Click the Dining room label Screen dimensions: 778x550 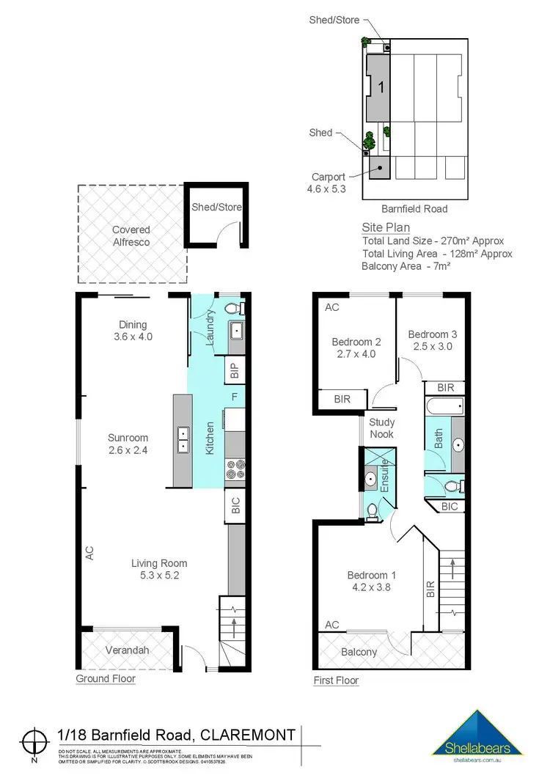coord(133,331)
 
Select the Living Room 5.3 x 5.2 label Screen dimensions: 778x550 coord(159,569)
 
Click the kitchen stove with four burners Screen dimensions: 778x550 coord(235,469)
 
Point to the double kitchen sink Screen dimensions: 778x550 coord(182,442)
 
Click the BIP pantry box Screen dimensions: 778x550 coord(235,371)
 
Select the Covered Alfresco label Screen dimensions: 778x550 coord(131,235)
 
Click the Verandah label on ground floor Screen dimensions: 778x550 coord(123,650)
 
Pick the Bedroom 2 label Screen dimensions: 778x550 coord(356,348)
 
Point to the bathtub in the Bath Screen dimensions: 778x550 coord(444,406)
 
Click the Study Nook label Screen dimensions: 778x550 coord(381,428)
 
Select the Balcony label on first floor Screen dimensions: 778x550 coord(359,652)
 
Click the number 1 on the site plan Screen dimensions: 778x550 coord(381,87)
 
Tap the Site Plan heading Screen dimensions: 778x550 coord(386,227)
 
